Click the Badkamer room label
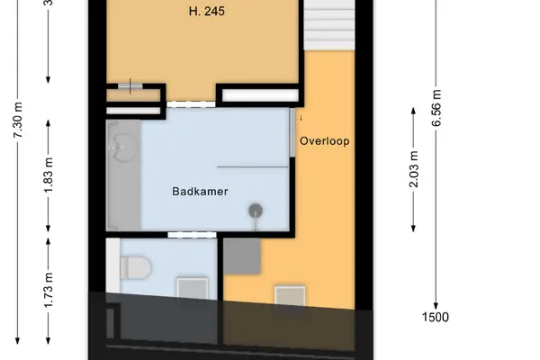(200, 192)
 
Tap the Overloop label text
(324, 141)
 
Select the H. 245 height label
(207, 11)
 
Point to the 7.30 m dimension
(18, 120)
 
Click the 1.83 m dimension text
(49, 175)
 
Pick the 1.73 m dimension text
(49, 290)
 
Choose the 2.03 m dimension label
(413, 169)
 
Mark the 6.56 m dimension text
(436, 108)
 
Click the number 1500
(436, 317)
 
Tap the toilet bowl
(136, 267)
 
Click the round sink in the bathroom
(123, 148)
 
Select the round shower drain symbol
(256, 211)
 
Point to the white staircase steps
(329, 25)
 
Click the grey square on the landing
(242, 256)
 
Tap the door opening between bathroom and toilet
(192, 235)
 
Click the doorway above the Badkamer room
(191, 104)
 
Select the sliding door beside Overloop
(292, 132)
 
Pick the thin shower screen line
(252, 167)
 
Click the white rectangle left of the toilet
(112, 265)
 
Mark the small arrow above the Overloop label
(301, 118)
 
